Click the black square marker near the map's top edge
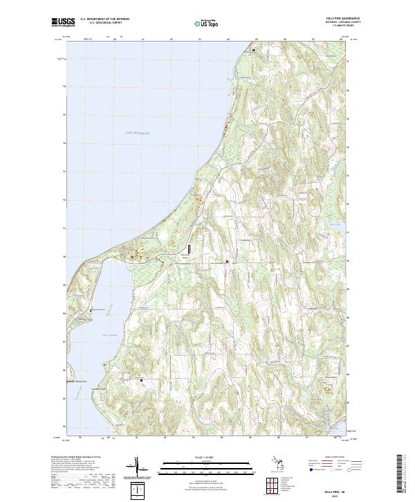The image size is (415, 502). click(253, 51)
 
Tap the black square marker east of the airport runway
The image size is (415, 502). click(228, 261)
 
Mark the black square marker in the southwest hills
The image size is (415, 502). click(142, 380)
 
